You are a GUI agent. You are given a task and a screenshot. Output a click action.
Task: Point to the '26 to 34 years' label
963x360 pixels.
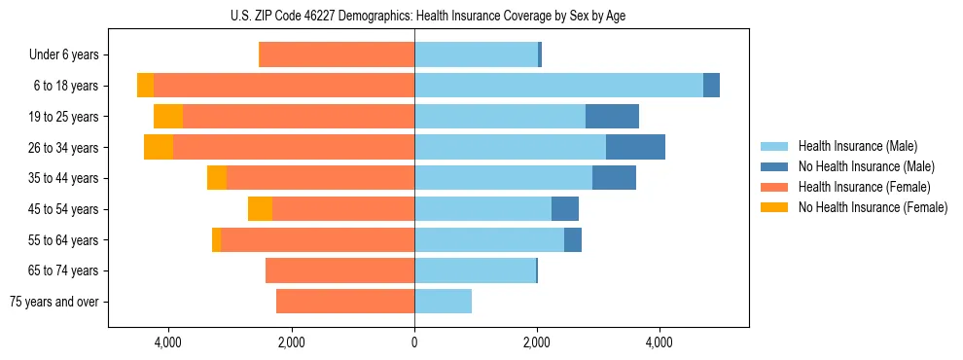point(65,148)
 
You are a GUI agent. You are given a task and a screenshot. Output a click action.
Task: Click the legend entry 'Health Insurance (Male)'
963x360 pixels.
point(851,146)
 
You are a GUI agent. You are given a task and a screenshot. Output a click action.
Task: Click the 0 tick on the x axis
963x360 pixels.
point(414,342)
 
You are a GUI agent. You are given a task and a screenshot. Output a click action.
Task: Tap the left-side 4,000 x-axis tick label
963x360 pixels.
point(168,342)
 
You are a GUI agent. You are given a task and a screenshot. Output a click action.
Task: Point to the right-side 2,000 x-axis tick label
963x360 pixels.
point(537,342)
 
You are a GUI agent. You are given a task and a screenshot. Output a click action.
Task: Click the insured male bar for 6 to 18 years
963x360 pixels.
point(558,86)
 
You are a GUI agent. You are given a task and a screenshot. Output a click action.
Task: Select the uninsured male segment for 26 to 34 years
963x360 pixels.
point(635,147)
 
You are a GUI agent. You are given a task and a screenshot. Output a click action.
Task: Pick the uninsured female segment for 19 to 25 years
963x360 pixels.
point(168,117)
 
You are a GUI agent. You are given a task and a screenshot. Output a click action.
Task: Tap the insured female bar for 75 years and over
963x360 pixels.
point(345,302)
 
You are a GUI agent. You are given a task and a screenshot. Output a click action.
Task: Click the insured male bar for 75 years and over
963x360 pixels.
point(443,302)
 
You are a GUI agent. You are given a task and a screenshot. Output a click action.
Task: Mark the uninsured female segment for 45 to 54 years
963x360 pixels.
point(260,209)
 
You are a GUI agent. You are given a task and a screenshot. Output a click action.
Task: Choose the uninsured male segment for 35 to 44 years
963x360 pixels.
point(614,178)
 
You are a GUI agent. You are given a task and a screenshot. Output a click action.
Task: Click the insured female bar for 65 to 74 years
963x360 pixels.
point(339,270)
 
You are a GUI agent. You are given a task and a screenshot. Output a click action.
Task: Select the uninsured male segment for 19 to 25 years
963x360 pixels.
point(612,117)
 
